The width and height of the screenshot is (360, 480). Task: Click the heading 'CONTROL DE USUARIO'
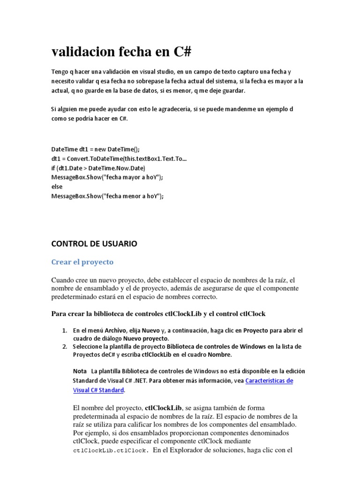click(94, 244)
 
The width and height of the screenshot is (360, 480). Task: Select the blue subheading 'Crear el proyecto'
click(82, 262)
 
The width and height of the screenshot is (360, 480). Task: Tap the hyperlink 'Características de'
click(270, 381)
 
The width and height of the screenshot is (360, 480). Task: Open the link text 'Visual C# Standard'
click(98, 390)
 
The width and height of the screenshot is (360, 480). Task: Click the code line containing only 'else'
click(57, 187)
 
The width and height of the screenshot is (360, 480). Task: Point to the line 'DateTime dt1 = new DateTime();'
click(95, 149)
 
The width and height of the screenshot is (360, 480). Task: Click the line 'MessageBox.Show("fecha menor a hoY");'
click(107, 196)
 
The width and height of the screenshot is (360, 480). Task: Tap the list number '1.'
click(65, 330)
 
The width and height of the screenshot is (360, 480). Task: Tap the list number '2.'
click(65, 346)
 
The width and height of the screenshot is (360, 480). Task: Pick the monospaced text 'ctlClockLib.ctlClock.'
click(111, 451)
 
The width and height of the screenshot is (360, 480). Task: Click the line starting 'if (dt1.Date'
click(98, 168)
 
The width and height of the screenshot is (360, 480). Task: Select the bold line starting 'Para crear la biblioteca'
click(158, 313)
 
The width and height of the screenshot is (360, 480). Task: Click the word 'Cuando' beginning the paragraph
click(63, 280)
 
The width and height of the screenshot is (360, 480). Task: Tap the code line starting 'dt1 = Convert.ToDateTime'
click(119, 158)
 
